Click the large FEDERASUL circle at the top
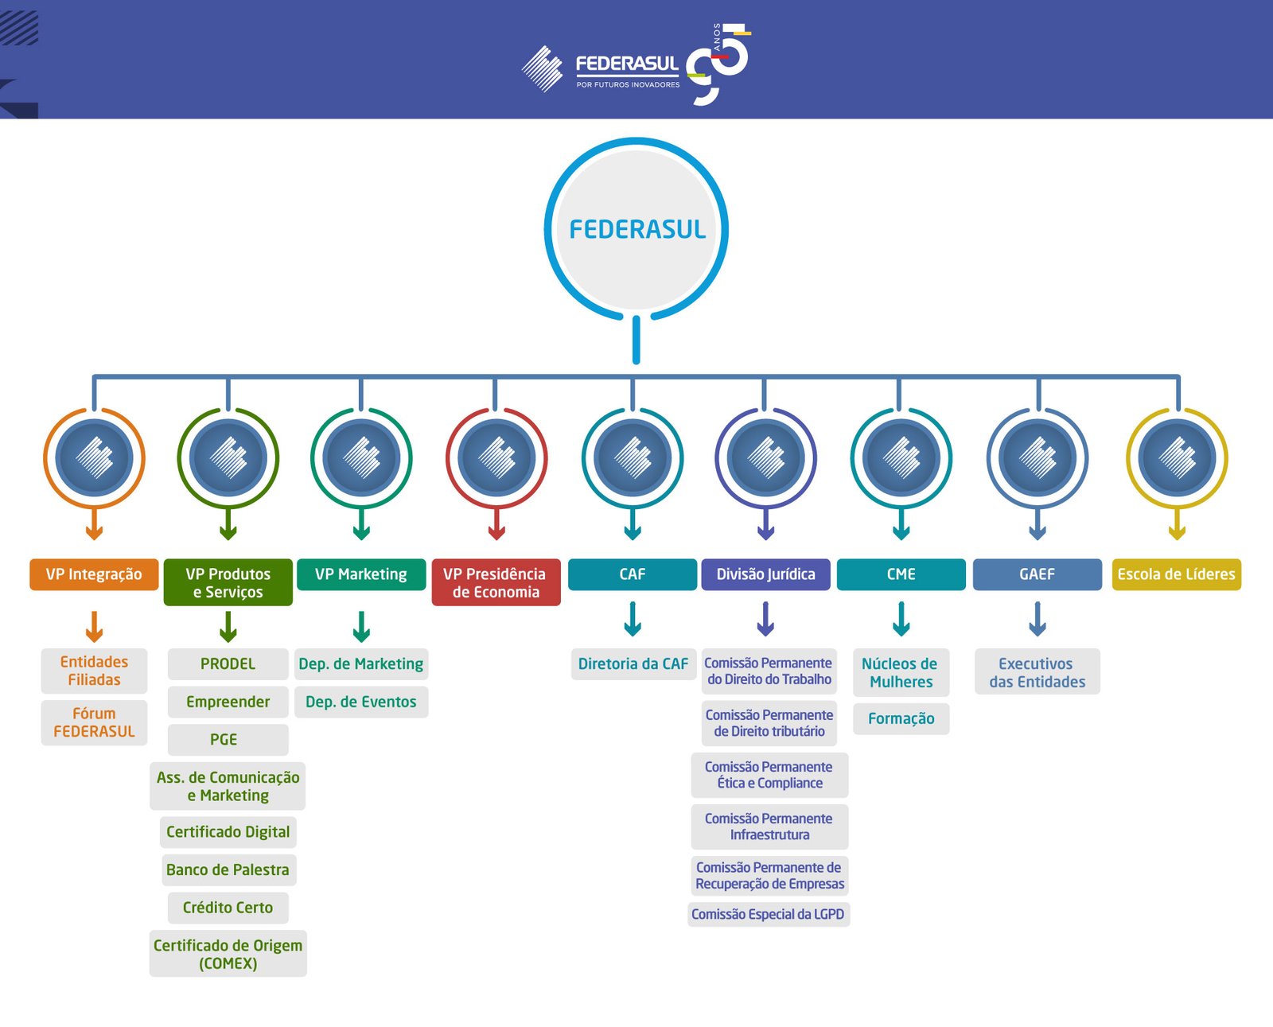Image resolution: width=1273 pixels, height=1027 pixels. (x=636, y=229)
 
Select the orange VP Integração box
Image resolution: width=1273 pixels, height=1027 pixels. (x=94, y=574)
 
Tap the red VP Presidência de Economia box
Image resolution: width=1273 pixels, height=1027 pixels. (x=496, y=582)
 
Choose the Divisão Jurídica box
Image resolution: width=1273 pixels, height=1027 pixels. (x=765, y=574)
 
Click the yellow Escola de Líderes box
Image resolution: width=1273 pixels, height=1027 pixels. (x=1176, y=574)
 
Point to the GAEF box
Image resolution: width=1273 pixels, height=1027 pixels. (x=1037, y=574)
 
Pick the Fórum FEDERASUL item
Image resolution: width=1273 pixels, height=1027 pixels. (x=94, y=722)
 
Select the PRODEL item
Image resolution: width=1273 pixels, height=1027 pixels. (x=228, y=664)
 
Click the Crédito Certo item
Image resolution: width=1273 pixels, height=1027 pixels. (x=228, y=908)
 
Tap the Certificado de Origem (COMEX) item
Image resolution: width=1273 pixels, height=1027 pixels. (x=228, y=954)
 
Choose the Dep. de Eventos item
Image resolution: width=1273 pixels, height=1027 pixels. (x=361, y=702)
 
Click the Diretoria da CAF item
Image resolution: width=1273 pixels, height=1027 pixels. (x=633, y=664)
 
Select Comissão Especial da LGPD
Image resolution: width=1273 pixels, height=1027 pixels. (x=768, y=914)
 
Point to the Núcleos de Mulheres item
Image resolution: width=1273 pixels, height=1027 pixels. (x=900, y=673)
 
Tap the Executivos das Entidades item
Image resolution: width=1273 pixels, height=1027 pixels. (x=1037, y=673)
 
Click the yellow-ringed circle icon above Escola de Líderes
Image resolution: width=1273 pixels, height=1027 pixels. (x=1177, y=458)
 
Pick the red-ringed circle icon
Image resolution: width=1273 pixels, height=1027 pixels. (x=496, y=458)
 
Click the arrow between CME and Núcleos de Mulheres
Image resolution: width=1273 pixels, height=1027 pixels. (x=901, y=619)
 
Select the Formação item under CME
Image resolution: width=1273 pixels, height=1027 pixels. (x=901, y=718)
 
